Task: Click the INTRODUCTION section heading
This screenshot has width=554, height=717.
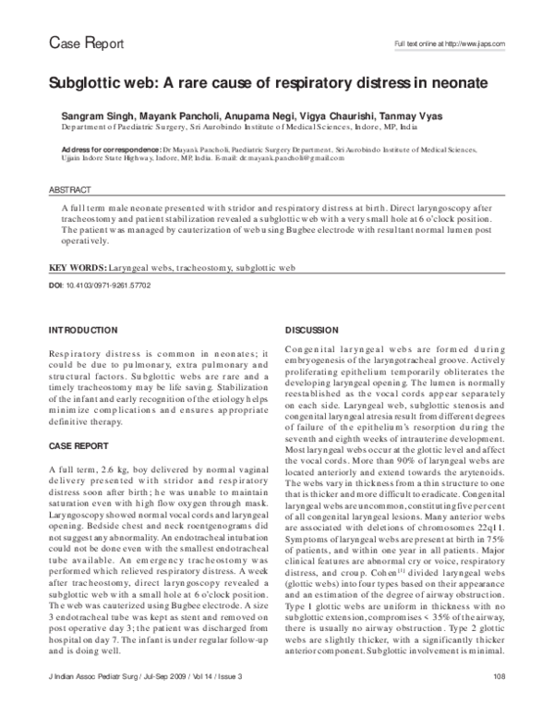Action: tap(83, 330)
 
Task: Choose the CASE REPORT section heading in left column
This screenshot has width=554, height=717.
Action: tap(78, 444)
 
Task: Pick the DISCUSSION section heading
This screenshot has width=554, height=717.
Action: tap(312, 330)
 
